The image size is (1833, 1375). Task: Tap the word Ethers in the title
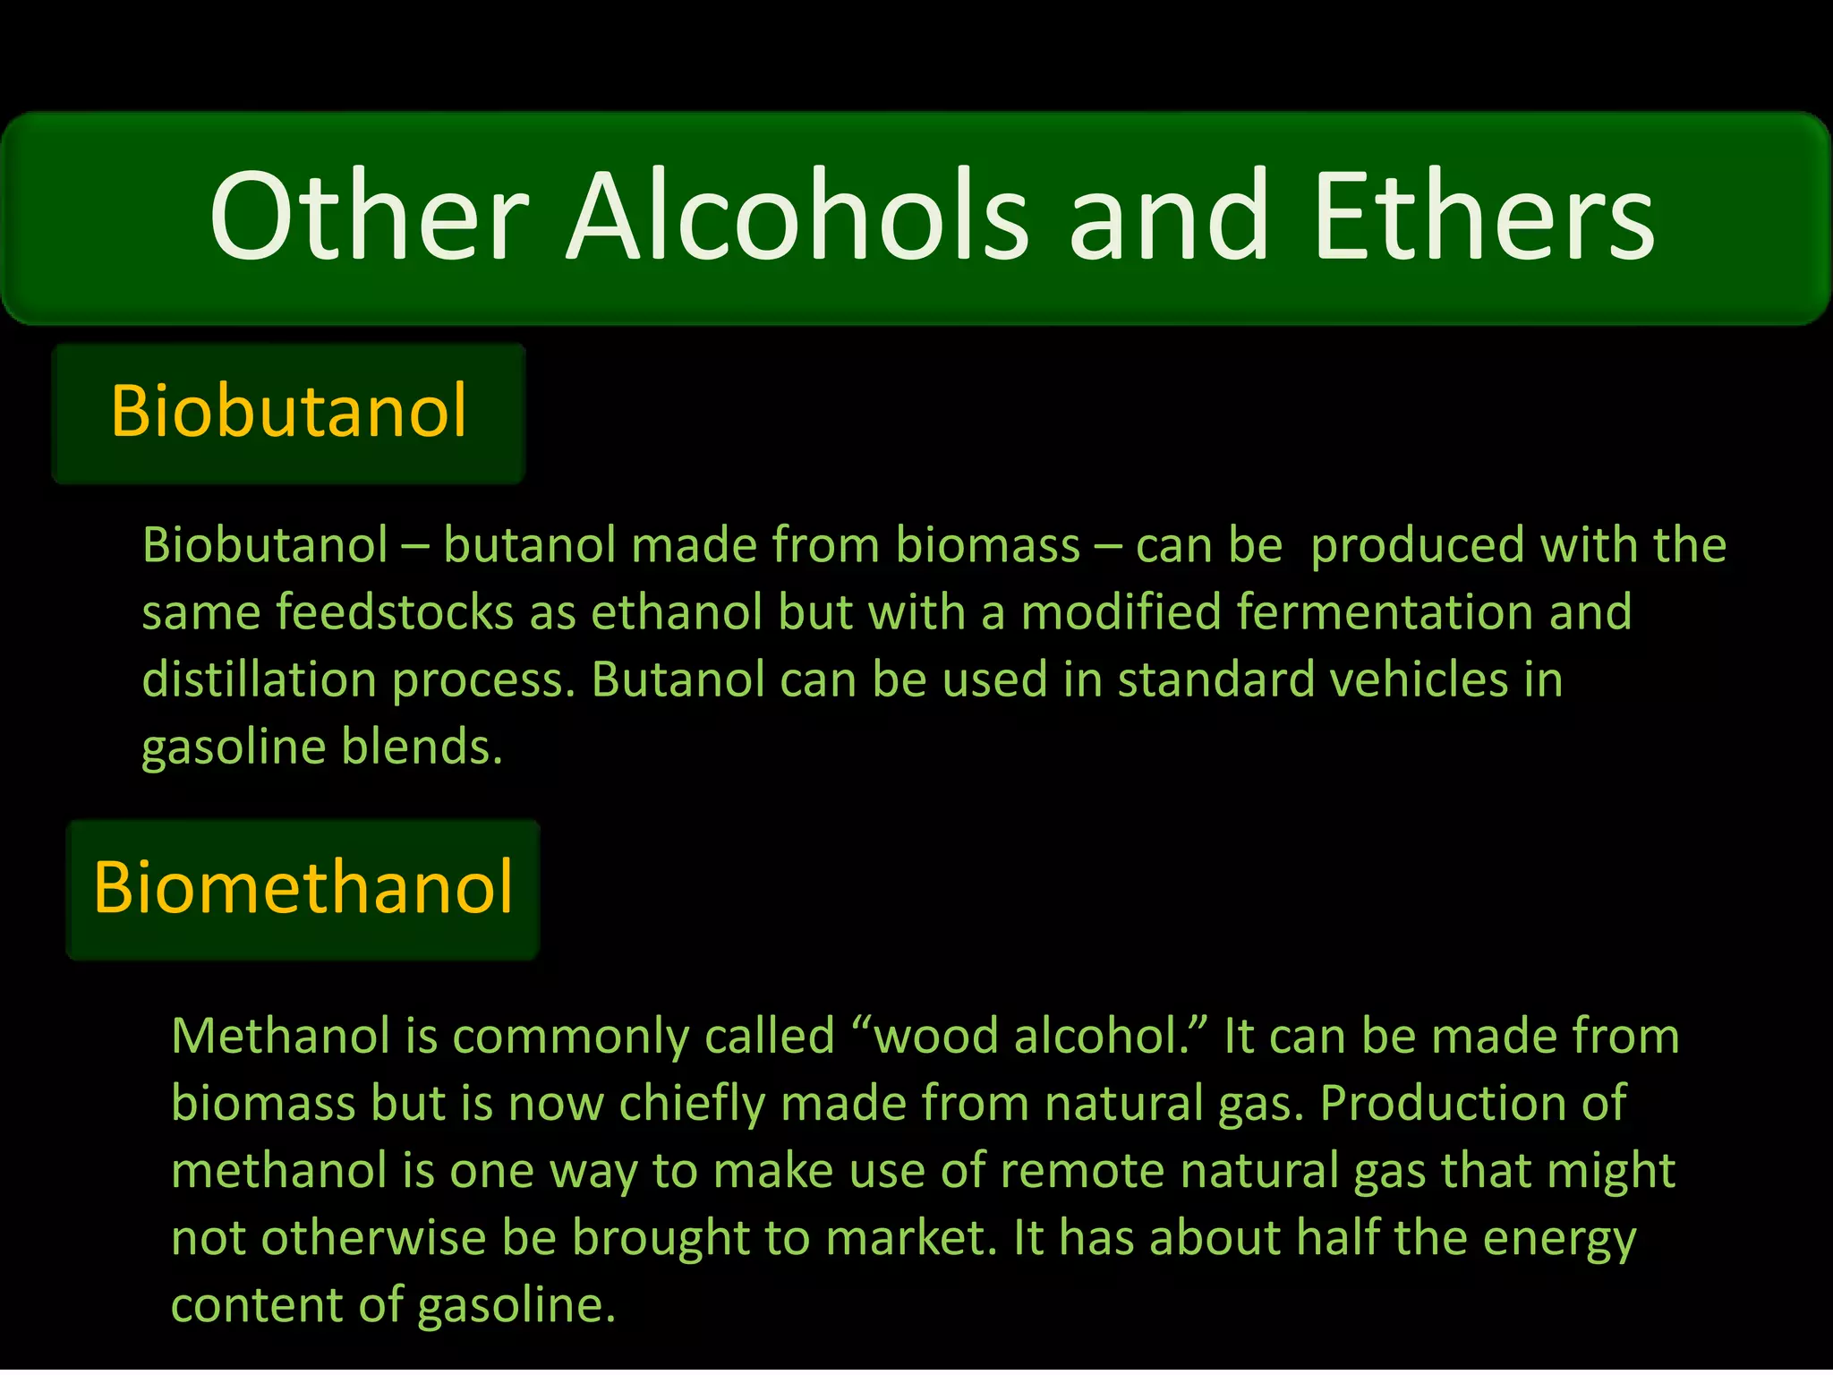pos(1483,218)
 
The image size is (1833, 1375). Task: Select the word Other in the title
pos(370,218)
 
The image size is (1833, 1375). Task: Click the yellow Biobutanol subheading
pos(288,411)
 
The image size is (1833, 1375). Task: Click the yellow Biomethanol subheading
pos(303,888)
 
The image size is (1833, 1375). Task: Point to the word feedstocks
pos(394,613)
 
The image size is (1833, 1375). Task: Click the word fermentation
pos(1385,613)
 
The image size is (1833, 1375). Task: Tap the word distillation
pos(259,680)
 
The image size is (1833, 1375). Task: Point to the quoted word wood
pos(925,1037)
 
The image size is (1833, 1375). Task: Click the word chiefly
pos(692,1104)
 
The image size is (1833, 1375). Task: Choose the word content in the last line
pos(256,1305)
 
